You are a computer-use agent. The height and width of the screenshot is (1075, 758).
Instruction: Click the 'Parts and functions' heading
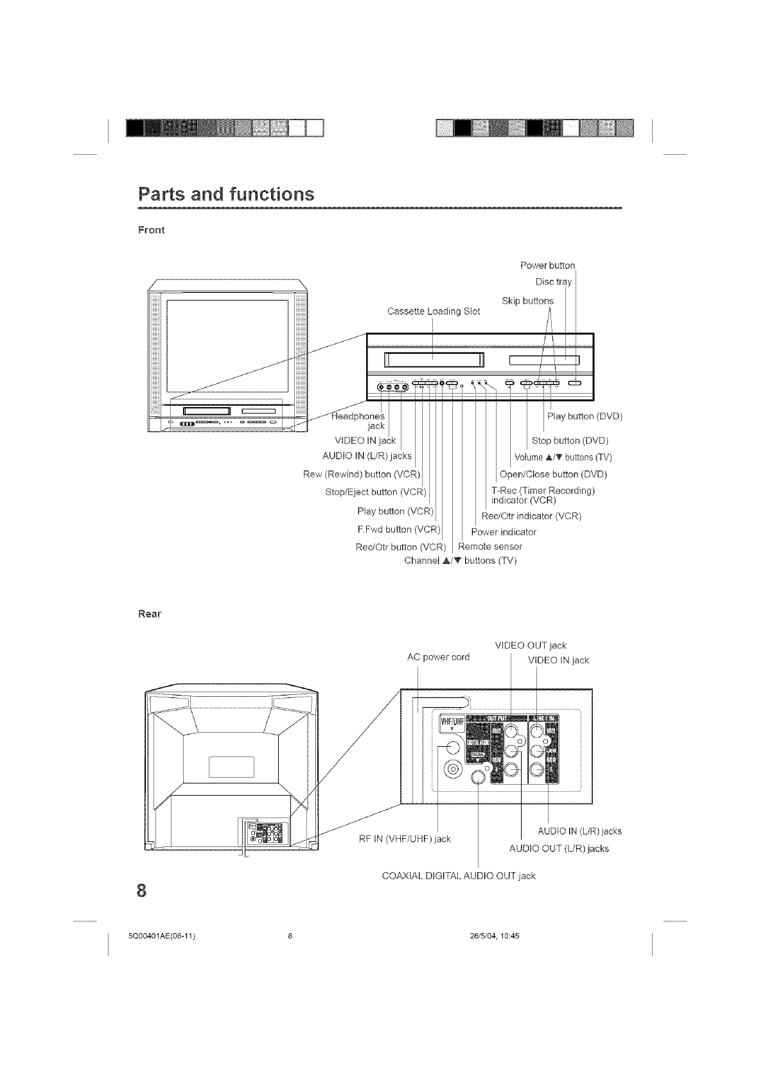click(226, 194)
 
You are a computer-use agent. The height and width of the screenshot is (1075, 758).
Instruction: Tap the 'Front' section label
click(152, 230)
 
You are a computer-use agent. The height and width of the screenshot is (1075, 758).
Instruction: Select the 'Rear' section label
click(150, 614)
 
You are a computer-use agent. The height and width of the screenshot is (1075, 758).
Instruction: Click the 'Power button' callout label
click(547, 265)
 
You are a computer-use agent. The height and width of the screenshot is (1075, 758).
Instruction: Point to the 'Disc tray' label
click(553, 282)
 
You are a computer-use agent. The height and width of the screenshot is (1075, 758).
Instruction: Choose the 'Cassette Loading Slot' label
click(434, 311)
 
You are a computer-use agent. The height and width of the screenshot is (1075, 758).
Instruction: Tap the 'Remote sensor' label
click(490, 546)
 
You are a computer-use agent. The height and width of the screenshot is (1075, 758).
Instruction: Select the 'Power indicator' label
click(504, 532)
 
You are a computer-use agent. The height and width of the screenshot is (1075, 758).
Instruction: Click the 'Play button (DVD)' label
click(585, 416)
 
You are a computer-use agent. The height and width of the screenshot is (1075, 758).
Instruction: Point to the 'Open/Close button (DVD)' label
click(553, 475)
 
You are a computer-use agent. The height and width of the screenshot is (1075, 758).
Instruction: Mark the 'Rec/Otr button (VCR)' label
click(400, 547)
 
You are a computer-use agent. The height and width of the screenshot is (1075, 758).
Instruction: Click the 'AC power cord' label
click(439, 657)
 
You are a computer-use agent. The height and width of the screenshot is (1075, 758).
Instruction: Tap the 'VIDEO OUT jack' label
click(531, 645)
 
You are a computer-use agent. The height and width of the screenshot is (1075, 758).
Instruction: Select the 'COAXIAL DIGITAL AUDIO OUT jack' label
click(458, 875)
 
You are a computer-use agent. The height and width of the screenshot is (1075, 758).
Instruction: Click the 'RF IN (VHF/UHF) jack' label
click(404, 839)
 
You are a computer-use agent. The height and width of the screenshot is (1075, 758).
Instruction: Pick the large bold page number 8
click(142, 891)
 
